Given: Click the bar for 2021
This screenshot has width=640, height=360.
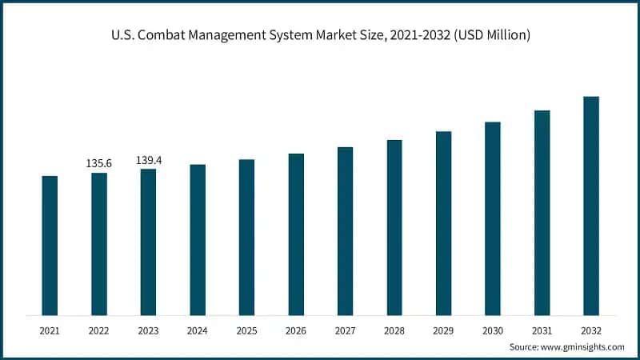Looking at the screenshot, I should click(x=50, y=245).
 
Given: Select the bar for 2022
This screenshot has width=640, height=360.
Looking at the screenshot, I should click(x=99, y=243).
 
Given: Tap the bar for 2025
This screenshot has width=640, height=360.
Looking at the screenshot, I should click(x=246, y=237).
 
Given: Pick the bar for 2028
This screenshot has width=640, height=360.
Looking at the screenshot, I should click(x=394, y=227).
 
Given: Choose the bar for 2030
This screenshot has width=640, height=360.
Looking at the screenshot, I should click(x=493, y=218).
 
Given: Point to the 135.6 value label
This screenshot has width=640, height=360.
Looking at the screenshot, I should click(x=99, y=163).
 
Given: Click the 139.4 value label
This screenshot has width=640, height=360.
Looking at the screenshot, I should click(x=149, y=160).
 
